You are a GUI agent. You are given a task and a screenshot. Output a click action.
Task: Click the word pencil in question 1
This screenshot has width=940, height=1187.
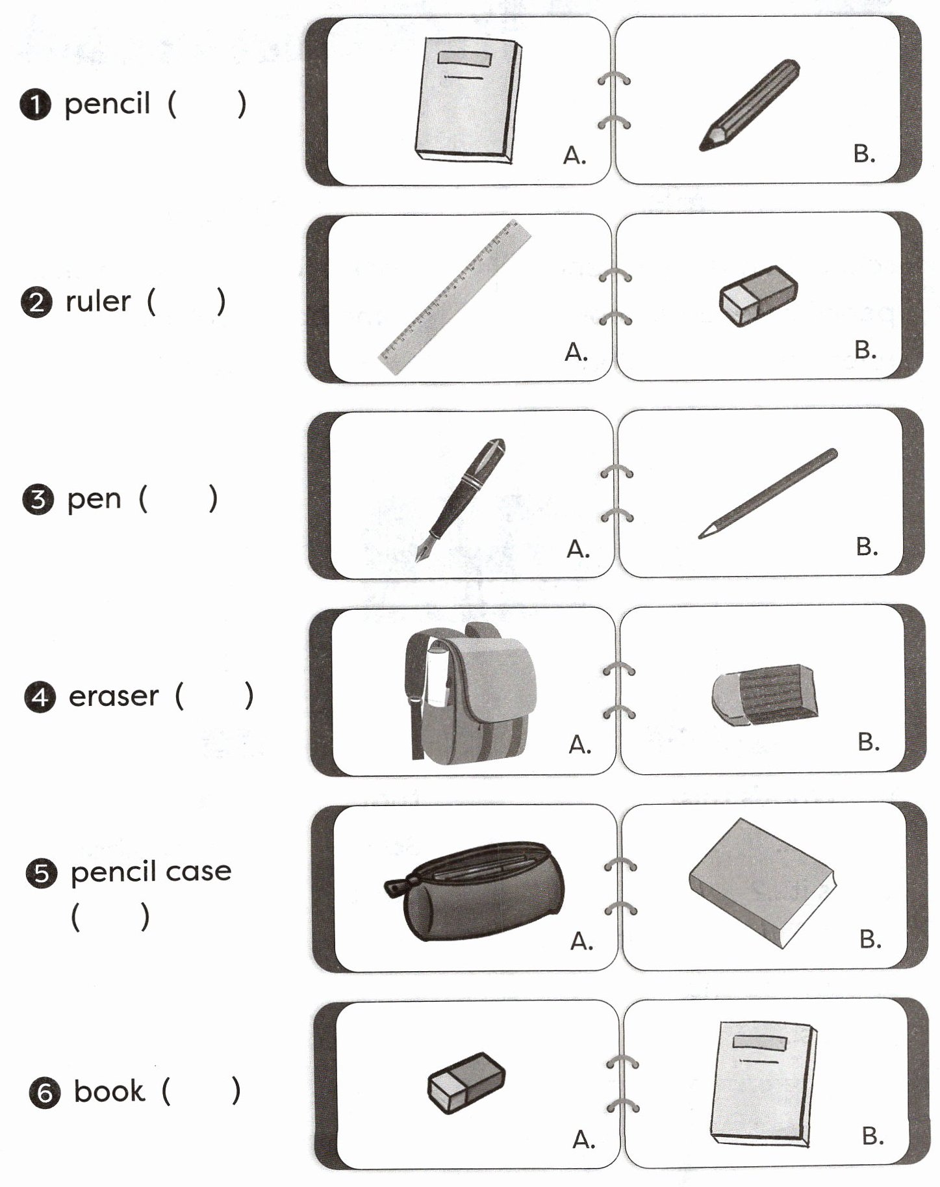coord(107,104)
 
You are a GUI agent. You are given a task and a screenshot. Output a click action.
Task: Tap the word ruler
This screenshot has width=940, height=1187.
coord(98,302)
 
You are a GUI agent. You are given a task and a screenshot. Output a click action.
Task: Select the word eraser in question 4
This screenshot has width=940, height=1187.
coord(113,696)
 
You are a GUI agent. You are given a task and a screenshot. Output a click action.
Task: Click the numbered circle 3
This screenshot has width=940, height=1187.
coord(38,500)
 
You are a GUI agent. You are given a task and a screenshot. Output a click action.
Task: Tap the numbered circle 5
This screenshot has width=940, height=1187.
coord(41,873)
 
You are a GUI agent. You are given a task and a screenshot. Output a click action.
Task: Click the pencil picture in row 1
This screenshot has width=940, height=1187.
coord(749,105)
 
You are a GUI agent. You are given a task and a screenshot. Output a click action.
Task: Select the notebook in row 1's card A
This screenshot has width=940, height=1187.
coord(468,99)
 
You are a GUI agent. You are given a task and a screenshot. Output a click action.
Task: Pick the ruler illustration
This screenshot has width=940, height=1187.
coord(455,297)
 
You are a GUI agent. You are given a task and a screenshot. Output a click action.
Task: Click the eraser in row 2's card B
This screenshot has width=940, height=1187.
coord(758,296)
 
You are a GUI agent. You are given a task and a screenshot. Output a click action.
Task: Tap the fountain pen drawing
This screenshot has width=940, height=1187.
coord(462,497)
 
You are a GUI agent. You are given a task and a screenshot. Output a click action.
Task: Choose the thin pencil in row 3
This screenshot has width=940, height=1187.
coord(768,493)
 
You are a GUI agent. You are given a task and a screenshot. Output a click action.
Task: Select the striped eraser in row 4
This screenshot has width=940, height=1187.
coord(765,694)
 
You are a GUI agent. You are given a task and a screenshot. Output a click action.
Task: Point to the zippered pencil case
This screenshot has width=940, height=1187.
coord(474,891)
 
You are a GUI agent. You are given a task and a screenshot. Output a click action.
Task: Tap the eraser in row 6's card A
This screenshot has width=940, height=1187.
coord(466,1082)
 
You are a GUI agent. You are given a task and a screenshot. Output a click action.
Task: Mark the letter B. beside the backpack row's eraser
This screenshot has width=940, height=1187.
coord(869,742)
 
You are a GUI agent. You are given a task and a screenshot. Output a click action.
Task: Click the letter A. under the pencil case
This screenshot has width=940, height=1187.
coord(581,940)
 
